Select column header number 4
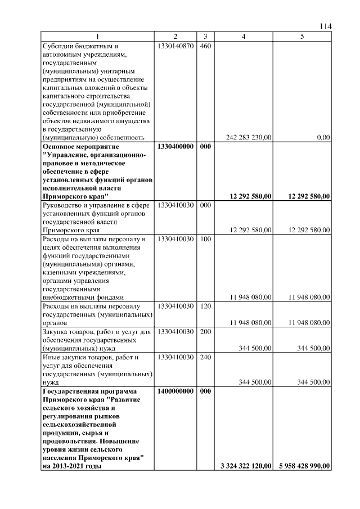243,37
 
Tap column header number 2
175,37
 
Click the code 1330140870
175,46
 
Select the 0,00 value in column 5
323,137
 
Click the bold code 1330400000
175,146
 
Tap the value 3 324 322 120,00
243,466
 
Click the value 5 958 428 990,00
304,466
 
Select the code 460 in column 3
205,46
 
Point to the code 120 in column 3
205,306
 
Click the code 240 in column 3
205,357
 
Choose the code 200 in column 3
205,332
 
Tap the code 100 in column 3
205,239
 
